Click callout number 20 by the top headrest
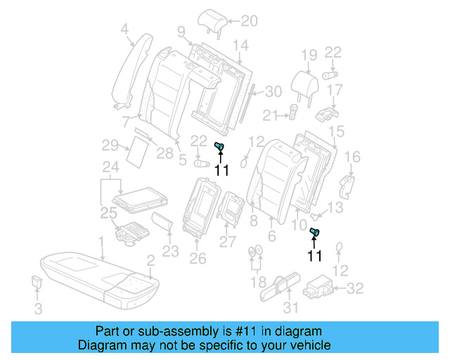tap(231, 20)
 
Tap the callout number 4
tap(124, 29)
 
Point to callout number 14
tap(240, 46)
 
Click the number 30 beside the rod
tap(273, 91)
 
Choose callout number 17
tap(335, 90)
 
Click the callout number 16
tap(352, 156)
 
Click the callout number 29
tap(109, 146)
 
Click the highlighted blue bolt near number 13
tap(315, 233)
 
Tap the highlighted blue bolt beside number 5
tap(219, 146)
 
